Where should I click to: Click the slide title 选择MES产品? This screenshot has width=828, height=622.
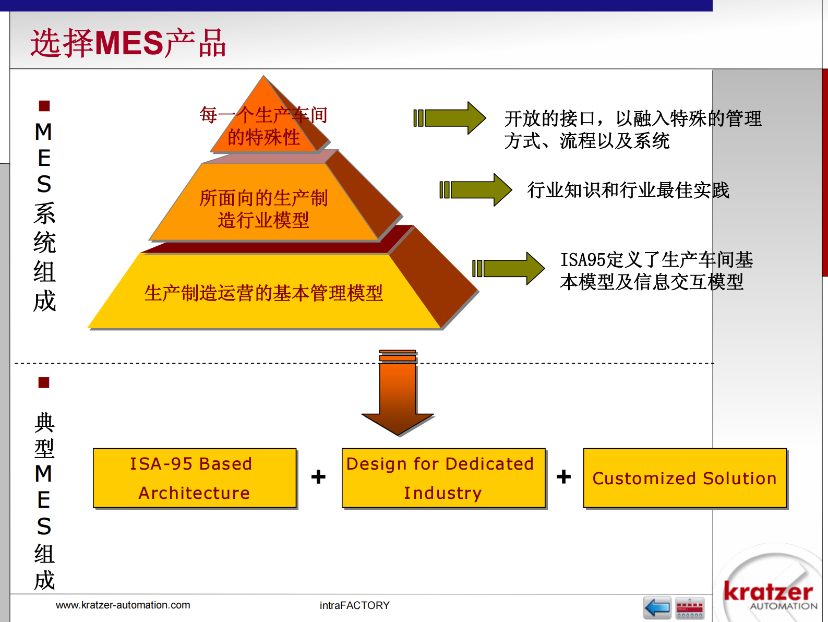(128, 43)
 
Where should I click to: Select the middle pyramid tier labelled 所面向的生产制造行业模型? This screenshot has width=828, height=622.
(264, 204)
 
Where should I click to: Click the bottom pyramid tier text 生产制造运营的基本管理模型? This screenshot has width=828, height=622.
(263, 293)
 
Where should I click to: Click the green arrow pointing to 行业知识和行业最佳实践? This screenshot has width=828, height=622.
(476, 190)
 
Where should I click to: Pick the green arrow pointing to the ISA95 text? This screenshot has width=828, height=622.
(509, 269)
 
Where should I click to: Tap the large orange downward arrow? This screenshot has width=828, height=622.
(398, 392)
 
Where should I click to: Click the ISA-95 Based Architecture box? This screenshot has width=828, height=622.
(195, 478)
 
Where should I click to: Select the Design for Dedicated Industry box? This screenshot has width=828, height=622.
(443, 478)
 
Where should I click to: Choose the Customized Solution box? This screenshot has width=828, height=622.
(685, 478)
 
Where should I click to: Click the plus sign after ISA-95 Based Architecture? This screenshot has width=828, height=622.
(318, 476)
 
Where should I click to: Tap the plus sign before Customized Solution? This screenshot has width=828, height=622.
(563, 476)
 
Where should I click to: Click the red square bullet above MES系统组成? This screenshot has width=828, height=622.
(44, 105)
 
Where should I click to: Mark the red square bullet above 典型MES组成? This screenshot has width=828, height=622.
(44, 382)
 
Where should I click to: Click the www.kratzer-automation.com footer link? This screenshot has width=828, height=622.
(123, 605)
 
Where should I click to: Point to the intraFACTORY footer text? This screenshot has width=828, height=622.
(355, 605)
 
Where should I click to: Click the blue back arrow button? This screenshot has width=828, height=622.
(657, 607)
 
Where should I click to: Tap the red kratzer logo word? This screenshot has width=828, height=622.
(769, 591)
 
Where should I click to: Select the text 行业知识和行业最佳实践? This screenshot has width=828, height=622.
(628, 190)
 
